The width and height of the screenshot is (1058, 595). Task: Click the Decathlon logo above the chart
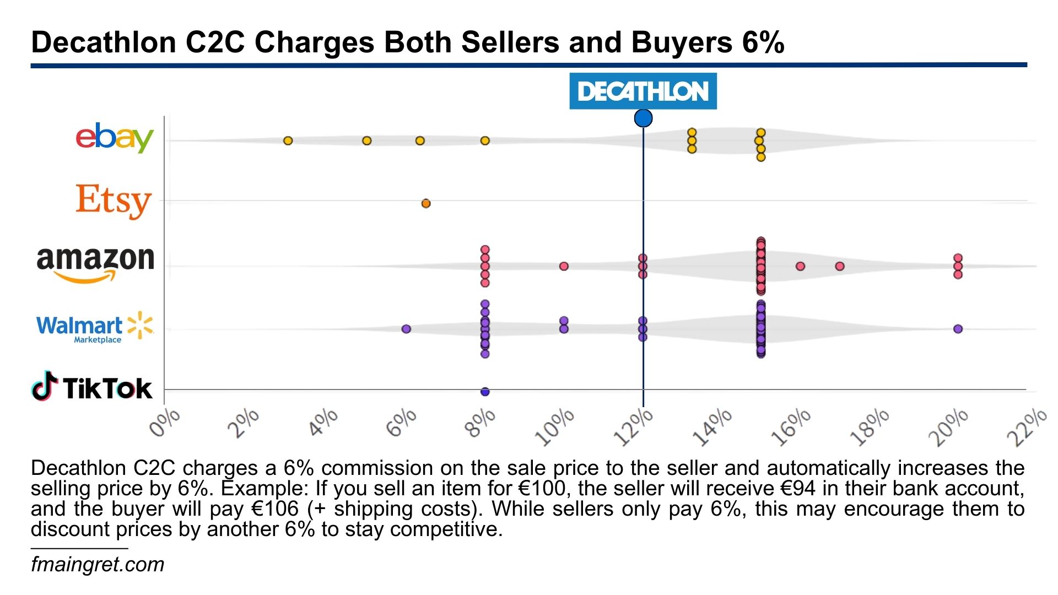pyautogui.click(x=643, y=91)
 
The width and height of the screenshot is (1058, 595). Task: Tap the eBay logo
pyautogui.click(x=114, y=137)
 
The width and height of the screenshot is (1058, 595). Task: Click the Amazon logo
pyautogui.click(x=95, y=263)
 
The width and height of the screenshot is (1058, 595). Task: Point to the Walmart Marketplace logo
pyautogui.click(x=94, y=327)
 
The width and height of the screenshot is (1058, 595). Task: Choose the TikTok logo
pyautogui.click(x=91, y=387)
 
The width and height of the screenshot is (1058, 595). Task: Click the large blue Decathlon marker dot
pyautogui.click(x=643, y=118)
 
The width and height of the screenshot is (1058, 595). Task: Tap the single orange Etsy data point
pyautogui.click(x=425, y=204)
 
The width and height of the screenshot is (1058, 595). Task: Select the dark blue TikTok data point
pyautogui.click(x=485, y=392)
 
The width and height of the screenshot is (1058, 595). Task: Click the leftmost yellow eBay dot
pyautogui.click(x=288, y=140)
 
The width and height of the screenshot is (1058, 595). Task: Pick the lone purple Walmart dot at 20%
pyautogui.click(x=958, y=329)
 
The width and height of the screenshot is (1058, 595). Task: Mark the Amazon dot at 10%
pyautogui.click(x=564, y=266)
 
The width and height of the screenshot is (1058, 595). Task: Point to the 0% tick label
pyautogui.click(x=165, y=423)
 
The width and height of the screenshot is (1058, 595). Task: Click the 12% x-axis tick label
pyautogui.click(x=633, y=428)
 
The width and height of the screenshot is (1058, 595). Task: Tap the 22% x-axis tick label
pyautogui.click(x=1027, y=428)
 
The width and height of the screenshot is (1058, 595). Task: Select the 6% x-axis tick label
pyautogui.click(x=401, y=423)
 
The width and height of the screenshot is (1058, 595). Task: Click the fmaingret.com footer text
pyautogui.click(x=98, y=565)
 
